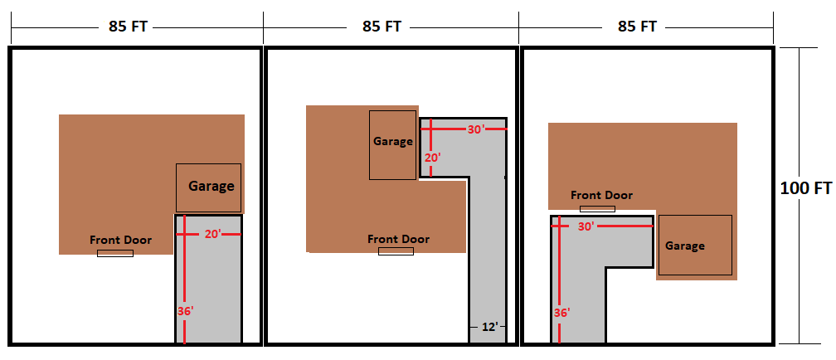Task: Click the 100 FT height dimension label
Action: pyautogui.click(x=805, y=188)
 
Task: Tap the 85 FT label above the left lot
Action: pyautogui.click(x=128, y=27)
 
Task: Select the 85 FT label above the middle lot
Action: pyautogui.click(x=382, y=27)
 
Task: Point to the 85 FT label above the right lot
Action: pyautogui.click(x=637, y=27)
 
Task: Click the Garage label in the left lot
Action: pyautogui.click(x=211, y=187)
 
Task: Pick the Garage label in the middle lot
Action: pyautogui.click(x=393, y=141)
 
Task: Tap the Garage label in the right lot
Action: pyautogui.click(x=685, y=246)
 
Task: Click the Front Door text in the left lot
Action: pyautogui.click(x=120, y=240)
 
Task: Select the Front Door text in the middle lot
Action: pyautogui.click(x=398, y=239)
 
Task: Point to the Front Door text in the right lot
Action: pyautogui.click(x=602, y=195)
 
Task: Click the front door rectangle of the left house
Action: pyautogui.click(x=115, y=253)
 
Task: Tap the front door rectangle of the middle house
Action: pyautogui.click(x=396, y=251)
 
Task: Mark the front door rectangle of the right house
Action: pyautogui.click(x=598, y=209)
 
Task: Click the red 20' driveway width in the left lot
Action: pyautogui.click(x=213, y=234)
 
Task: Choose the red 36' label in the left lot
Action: pyautogui.click(x=185, y=311)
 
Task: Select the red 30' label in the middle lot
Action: pyautogui.click(x=476, y=129)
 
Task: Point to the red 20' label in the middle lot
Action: pyautogui.click(x=433, y=158)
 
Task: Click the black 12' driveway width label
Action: pyautogui.click(x=488, y=326)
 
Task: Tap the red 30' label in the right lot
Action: pyautogui.click(x=586, y=226)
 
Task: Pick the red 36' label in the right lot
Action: pyautogui.click(x=561, y=312)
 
